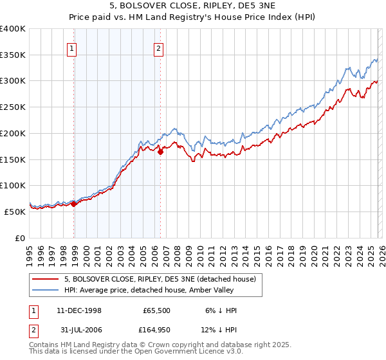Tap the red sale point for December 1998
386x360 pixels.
click(74, 204)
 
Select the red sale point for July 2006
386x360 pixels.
click(160, 152)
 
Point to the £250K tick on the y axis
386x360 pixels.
click(13, 107)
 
